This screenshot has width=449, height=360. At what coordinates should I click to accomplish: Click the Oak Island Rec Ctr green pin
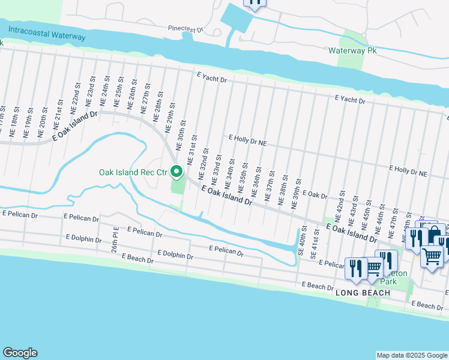tap(176, 172)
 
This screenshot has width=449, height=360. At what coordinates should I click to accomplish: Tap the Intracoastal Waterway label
tap(43, 36)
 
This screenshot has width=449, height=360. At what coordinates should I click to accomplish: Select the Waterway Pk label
tap(351, 51)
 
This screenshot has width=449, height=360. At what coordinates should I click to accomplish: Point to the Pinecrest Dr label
tap(186, 28)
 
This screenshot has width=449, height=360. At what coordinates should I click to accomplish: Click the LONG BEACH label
tap(363, 293)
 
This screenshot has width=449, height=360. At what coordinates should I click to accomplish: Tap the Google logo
tap(20, 353)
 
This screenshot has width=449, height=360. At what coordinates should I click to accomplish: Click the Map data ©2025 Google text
tap(411, 355)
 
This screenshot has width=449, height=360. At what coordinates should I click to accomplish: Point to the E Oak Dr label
tap(315, 194)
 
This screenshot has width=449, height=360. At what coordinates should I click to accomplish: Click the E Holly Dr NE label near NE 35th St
tap(247, 141)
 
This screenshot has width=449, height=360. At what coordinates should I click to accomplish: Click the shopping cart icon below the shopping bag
tap(432, 256)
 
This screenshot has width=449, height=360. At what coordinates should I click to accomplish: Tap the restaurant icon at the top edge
tap(255, 3)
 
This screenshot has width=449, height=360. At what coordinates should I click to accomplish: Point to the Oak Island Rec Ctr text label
tap(133, 173)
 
